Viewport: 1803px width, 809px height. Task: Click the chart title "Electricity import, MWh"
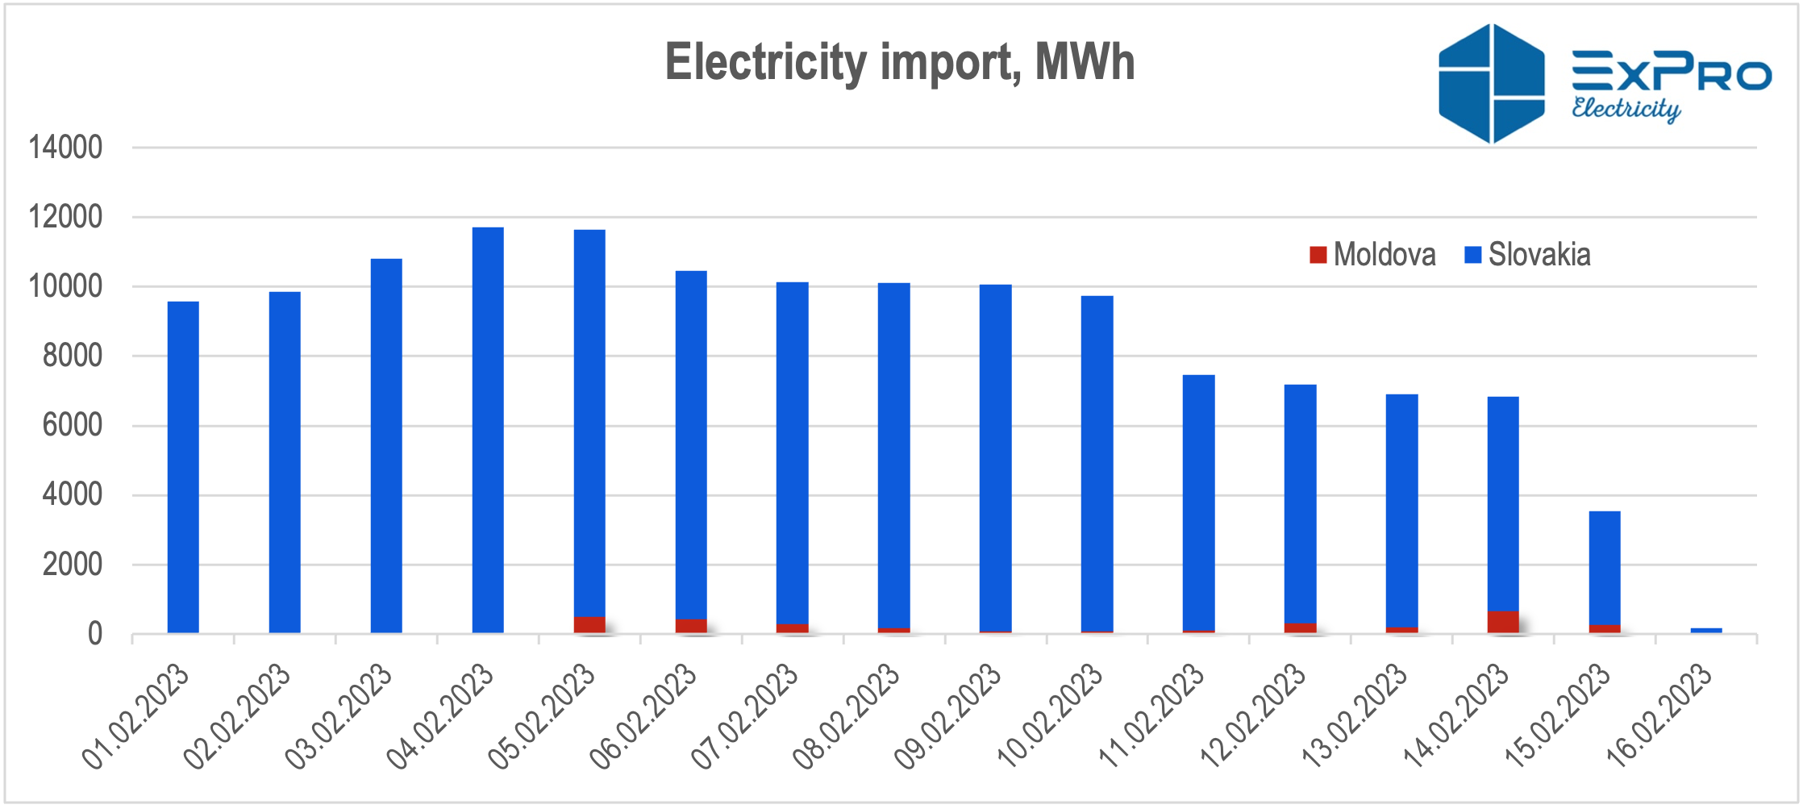[x=900, y=63]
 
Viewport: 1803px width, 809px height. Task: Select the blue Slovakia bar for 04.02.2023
[x=488, y=430]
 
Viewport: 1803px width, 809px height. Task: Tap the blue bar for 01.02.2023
[x=183, y=467]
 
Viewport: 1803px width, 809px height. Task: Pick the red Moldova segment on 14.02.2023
[x=1503, y=622]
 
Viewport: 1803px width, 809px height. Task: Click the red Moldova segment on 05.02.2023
[x=589, y=625]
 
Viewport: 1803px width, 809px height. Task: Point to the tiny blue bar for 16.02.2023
[x=1706, y=631]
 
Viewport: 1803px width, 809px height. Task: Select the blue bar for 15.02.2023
[x=1605, y=569]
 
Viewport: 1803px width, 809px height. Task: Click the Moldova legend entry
[x=1372, y=255]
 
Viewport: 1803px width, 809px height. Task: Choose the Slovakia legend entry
[x=1527, y=255]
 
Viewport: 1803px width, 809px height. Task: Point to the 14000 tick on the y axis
[x=65, y=148]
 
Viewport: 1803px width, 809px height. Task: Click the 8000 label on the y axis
[x=73, y=356]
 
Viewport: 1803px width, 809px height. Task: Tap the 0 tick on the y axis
[x=95, y=634]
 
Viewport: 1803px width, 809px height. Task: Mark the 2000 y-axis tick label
[x=73, y=565]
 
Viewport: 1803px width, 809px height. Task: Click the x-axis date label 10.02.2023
[x=1049, y=715]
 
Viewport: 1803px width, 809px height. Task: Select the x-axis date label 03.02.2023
[x=339, y=715]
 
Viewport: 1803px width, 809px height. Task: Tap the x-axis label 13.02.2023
[x=1354, y=715]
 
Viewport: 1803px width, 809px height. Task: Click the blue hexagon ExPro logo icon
[x=1492, y=84]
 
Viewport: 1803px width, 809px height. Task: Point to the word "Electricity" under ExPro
[x=1626, y=109]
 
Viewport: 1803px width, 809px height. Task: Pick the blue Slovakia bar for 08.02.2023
[x=894, y=456]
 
